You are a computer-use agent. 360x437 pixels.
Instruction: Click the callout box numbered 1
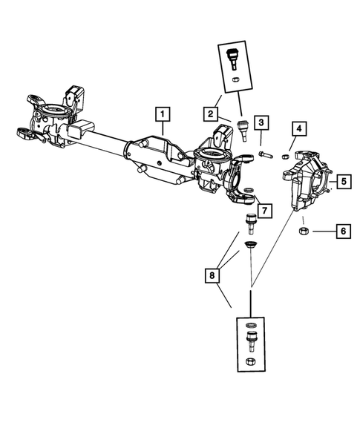162,114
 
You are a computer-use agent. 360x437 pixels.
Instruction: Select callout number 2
211,114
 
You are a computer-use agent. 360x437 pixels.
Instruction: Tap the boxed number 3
261,122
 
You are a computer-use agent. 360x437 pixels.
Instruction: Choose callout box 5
344,181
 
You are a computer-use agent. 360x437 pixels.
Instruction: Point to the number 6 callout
341,231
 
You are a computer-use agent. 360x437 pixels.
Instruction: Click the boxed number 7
264,210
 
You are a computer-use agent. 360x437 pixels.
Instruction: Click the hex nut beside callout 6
304,232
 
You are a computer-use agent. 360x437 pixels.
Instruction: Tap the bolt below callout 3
266,155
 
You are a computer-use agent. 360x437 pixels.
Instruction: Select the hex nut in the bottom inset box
252,361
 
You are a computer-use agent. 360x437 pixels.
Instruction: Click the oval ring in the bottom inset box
252,327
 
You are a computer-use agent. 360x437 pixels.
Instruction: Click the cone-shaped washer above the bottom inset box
251,246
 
